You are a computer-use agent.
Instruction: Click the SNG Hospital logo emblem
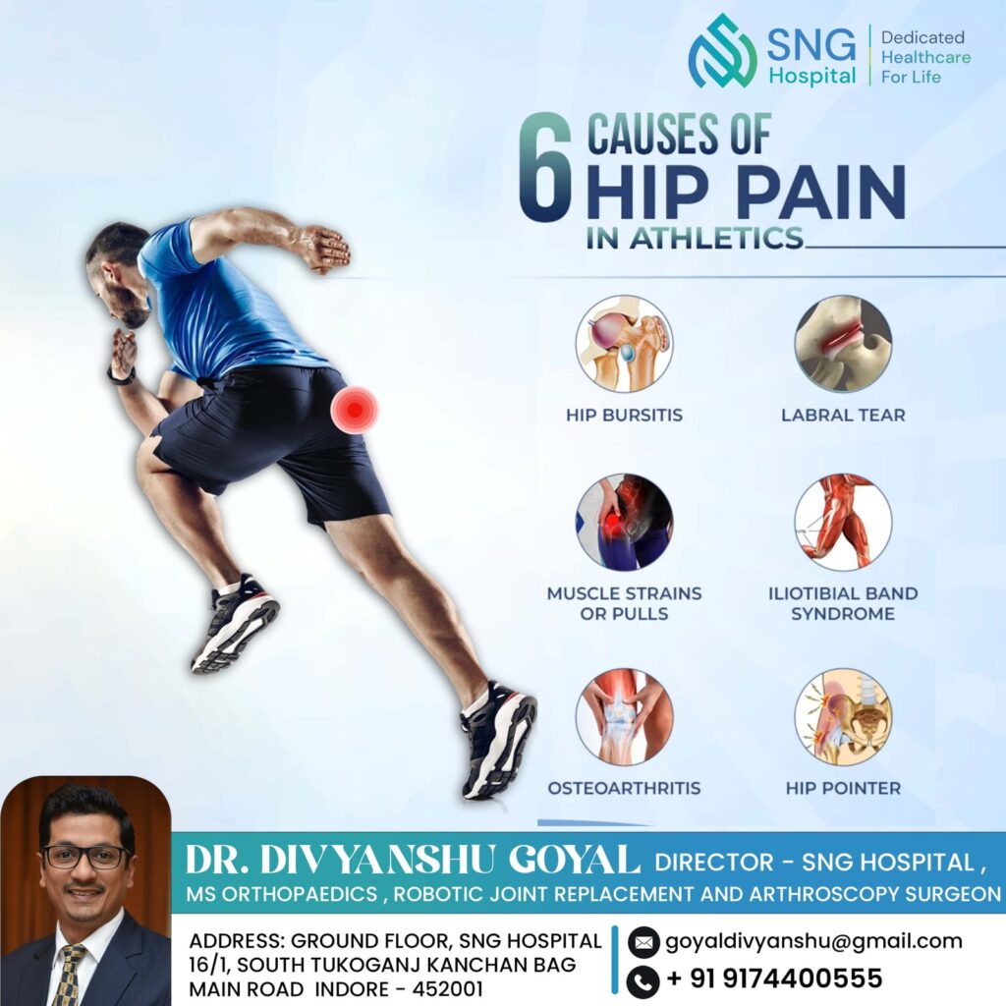click(722, 51)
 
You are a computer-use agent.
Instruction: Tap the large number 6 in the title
click(544, 167)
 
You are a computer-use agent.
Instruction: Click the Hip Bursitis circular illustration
click(624, 344)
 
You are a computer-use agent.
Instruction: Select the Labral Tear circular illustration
click(843, 344)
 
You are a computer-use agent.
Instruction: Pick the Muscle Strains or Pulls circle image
click(624, 523)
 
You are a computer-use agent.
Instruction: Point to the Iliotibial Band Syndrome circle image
click(843, 523)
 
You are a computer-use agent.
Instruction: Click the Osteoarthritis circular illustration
click(624, 716)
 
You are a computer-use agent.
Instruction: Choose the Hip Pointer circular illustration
click(843, 716)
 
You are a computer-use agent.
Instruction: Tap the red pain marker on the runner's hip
click(355, 410)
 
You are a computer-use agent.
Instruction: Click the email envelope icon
click(643, 942)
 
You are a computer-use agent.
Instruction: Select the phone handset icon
click(643, 980)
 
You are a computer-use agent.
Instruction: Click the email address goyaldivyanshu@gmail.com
click(813, 942)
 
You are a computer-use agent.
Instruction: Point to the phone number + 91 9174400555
click(774, 978)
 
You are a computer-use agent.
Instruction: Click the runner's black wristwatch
click(121, 375)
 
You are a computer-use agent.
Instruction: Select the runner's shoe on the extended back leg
click(498, 740)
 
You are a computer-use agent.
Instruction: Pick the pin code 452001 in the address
click(447, 988)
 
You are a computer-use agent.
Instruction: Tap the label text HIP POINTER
click(843, 788)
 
